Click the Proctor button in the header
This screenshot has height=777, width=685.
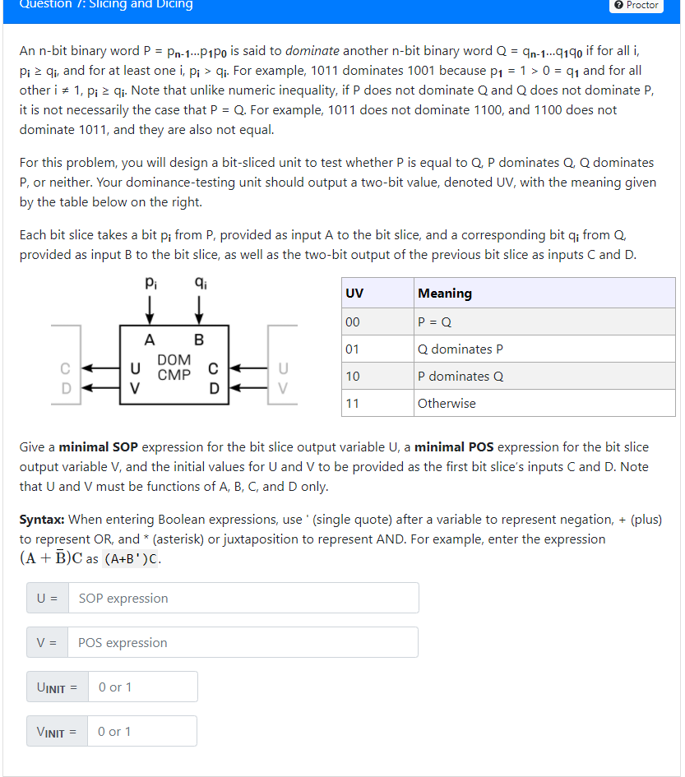(636, 5)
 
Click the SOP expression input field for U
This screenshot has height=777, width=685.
(243, 599)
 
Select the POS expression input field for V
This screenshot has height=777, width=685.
(243, 643)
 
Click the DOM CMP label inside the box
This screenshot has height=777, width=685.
(174, 367)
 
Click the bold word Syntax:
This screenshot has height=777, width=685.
(43, 520)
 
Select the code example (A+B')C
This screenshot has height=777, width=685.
(132, 561)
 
